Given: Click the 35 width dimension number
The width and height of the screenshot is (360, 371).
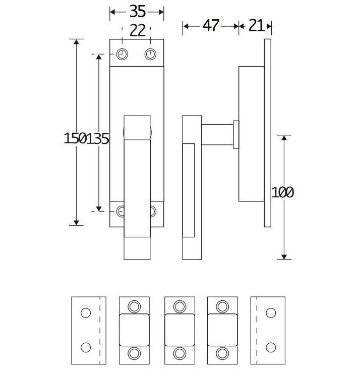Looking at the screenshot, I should (138, 11).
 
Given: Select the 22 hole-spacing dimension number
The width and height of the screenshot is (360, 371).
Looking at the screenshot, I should (137, 31).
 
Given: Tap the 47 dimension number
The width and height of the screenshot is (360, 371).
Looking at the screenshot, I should (211, 25).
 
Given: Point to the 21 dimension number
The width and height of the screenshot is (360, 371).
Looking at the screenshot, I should (256, 25).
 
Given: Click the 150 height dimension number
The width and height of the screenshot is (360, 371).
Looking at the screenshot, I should (75, 138).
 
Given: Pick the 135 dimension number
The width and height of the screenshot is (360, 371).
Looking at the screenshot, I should (98, 138).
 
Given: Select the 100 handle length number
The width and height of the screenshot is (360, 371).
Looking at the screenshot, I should (282, 192).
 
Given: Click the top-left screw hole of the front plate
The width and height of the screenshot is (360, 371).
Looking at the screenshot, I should (122, 54).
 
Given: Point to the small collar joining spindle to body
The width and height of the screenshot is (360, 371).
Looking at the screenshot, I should (235, 135).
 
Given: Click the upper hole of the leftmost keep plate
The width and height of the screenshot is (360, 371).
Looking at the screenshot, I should (86, 313).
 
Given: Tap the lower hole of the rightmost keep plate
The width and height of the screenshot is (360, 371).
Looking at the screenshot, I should (271, 347).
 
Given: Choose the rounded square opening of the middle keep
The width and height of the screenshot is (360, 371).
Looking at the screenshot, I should (180, 329).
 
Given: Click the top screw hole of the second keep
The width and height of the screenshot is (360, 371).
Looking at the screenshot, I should (134, 306).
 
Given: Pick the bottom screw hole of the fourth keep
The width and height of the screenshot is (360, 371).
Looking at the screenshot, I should (222, 352).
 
